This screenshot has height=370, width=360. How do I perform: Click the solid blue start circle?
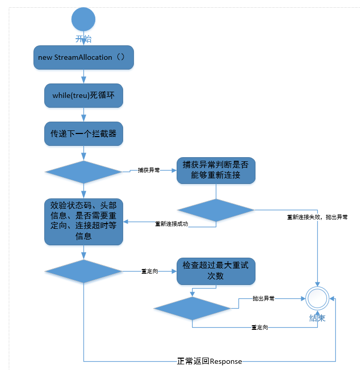(83, 20)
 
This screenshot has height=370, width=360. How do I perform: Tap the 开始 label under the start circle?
(83, 39)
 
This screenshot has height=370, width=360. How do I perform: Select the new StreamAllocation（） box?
(83, 57)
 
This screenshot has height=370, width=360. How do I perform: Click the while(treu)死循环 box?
(83, 96)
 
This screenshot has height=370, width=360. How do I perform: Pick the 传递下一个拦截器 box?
(83, 134)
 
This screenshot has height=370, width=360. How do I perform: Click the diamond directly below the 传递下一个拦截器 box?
(83, 172)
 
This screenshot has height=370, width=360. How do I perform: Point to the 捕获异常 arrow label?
(148, 170)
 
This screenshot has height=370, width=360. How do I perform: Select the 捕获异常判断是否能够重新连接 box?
(216, 171)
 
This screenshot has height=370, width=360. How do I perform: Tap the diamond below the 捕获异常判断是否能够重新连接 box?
(216, 210)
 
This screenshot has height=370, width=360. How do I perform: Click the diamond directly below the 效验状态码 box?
(83, 272)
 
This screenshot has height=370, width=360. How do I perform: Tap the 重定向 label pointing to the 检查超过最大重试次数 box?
(149, 271)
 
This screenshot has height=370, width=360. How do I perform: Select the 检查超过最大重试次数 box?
(216, 272)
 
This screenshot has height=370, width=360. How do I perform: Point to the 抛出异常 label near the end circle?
(263, 298)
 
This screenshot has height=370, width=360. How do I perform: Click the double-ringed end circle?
(317, 298)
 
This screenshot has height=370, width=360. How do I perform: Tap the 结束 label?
(317, 318)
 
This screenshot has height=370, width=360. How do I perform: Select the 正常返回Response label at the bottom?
(209, 361)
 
